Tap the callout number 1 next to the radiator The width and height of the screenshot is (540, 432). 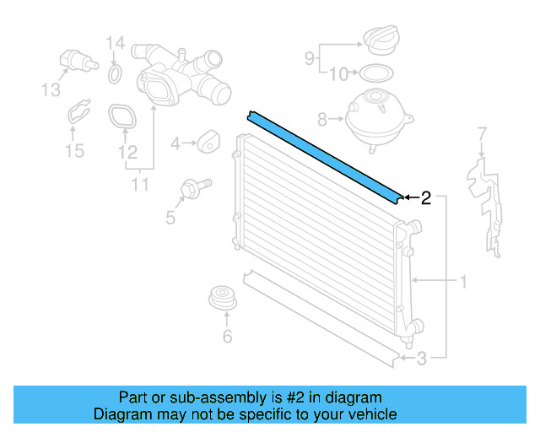point(462,281)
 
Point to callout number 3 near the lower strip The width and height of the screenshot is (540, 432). point(422,358)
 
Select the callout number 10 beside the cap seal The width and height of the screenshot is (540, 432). point(337,74)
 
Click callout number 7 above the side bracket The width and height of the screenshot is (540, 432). point(482,134)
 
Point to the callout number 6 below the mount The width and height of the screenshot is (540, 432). point(227,338)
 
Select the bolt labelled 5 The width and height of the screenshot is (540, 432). point(192,187)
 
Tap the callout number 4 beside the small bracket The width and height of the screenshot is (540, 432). point(175,144)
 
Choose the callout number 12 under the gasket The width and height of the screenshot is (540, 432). point(127,153)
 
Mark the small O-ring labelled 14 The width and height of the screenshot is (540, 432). point(115,78)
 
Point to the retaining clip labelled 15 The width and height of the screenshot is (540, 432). point(79,116)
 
